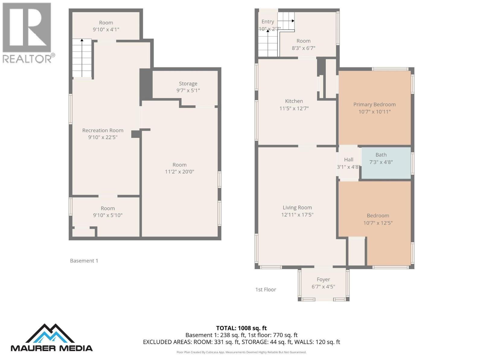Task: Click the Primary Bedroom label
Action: (374, 104)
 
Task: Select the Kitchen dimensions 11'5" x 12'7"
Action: (294, 108)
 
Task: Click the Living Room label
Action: (297, 208)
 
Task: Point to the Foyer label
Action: (323, 279)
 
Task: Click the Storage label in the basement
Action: (188, 84)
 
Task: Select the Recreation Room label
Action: (103, 130)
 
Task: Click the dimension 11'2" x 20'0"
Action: (179, 172)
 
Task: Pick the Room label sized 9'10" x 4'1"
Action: (106, 23)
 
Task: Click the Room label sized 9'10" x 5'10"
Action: (107, 208)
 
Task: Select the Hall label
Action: (348, 160)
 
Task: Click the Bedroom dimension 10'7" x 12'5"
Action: (378, 223)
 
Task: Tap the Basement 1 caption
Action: (84, 261)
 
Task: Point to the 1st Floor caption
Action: (266, 290)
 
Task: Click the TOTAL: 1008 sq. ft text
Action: (241, 328)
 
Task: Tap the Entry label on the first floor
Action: (267, 22)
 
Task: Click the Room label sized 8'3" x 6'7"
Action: (303, 41)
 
